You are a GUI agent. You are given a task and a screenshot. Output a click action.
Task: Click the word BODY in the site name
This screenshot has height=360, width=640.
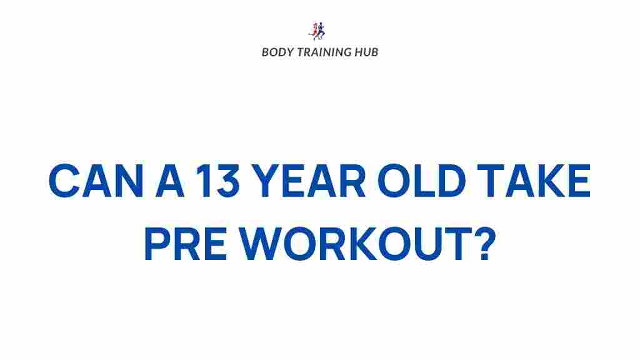(x=276, y=52)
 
